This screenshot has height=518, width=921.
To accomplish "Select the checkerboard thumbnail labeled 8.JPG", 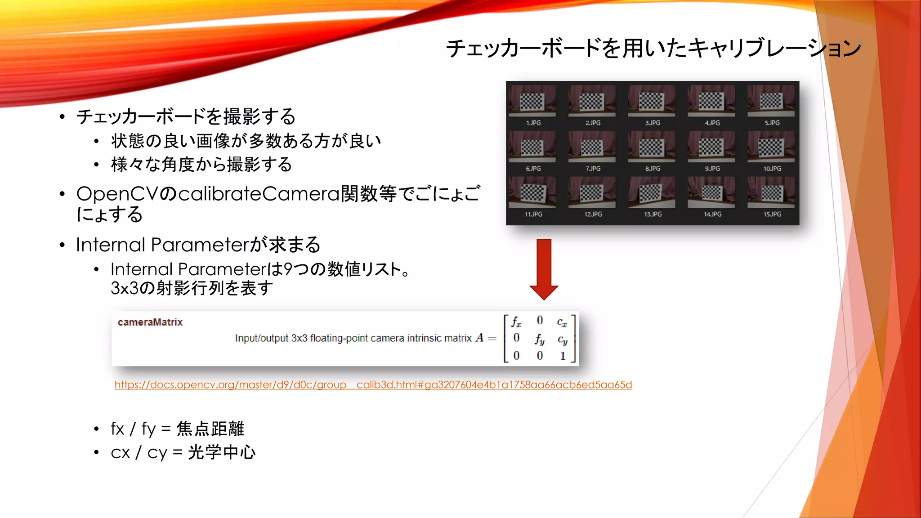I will click(x=652, y=147).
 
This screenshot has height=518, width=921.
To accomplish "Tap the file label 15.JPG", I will click(x=772, y=214).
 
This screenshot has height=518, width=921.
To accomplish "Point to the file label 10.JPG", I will click(x=772, y=169).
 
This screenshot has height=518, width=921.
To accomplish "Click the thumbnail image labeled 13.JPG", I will click(x=652, y=192).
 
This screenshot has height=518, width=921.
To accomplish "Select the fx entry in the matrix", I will click(x=516, y=322).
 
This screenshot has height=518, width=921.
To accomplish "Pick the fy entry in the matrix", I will click(x=540, y=339).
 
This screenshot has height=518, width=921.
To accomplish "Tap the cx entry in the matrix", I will click(x=562, y=322).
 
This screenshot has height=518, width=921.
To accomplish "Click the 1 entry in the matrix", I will click(x=563, y=356).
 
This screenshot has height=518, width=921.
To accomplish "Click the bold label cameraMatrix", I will click(x=150, y=322).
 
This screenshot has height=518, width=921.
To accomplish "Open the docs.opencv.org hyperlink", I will click(x=373, y=385).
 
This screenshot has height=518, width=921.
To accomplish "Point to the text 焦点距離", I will click(x=210, y=429).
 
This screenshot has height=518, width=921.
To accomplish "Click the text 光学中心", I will click(x=222, y=452).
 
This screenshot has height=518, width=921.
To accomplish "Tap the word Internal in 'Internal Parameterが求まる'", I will click(x=110, y=245).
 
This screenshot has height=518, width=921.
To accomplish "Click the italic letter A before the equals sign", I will click(x=479, y=338).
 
